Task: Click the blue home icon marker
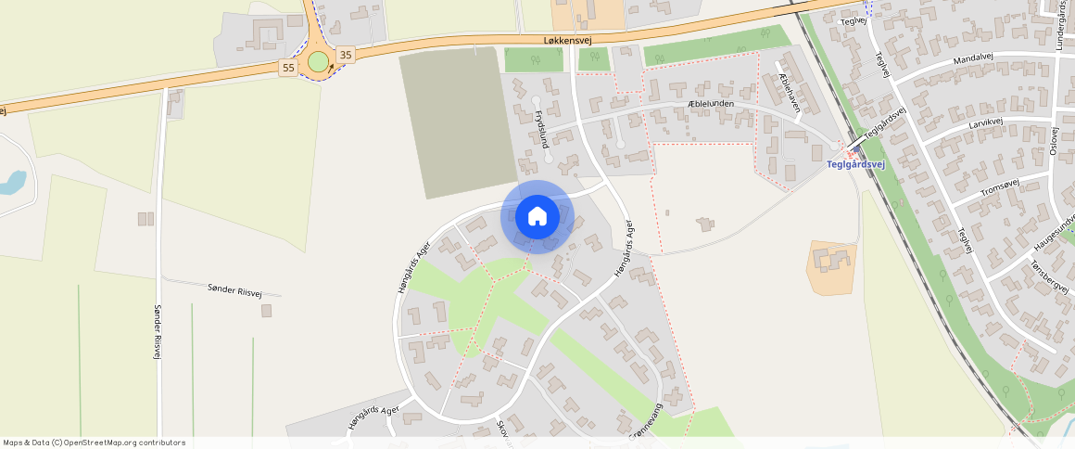point(537,217)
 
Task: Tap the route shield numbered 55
point(288,68)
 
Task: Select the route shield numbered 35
point(346,55)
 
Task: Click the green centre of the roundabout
point(318,62)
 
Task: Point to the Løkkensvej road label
point(567,39)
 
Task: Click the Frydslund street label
point(540,129)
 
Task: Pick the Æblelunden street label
point(711,104)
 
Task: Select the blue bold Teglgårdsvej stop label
point(855,165)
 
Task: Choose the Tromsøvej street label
point(999,188)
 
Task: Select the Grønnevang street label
point(646,422)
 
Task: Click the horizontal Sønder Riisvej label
point(234,291)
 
